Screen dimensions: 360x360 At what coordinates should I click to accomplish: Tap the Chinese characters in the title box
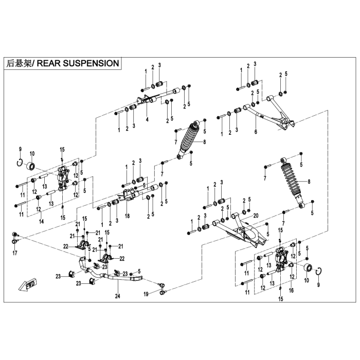click(x=19, y=63)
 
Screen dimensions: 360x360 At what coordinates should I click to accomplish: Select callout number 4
click(x=147, y=120)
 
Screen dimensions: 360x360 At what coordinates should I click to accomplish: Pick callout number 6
click(x=255, y=132)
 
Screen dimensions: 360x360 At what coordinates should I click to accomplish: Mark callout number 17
click(x=15, y=253)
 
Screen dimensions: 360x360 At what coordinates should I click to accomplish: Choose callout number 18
click(x=127, y=217)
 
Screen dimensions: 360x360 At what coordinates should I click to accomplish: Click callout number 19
click(x=146, y=294)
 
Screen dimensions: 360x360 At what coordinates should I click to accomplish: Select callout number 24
click(x=117, y=296)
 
